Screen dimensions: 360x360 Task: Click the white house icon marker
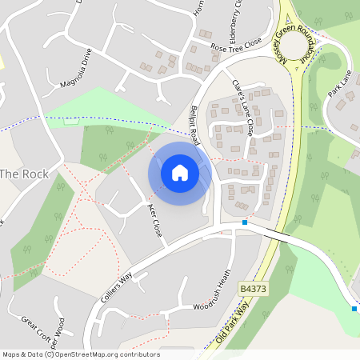(x=180, y=172)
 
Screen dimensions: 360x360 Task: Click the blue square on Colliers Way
(x=245, y=222)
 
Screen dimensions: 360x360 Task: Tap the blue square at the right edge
(x=354, y=308)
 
